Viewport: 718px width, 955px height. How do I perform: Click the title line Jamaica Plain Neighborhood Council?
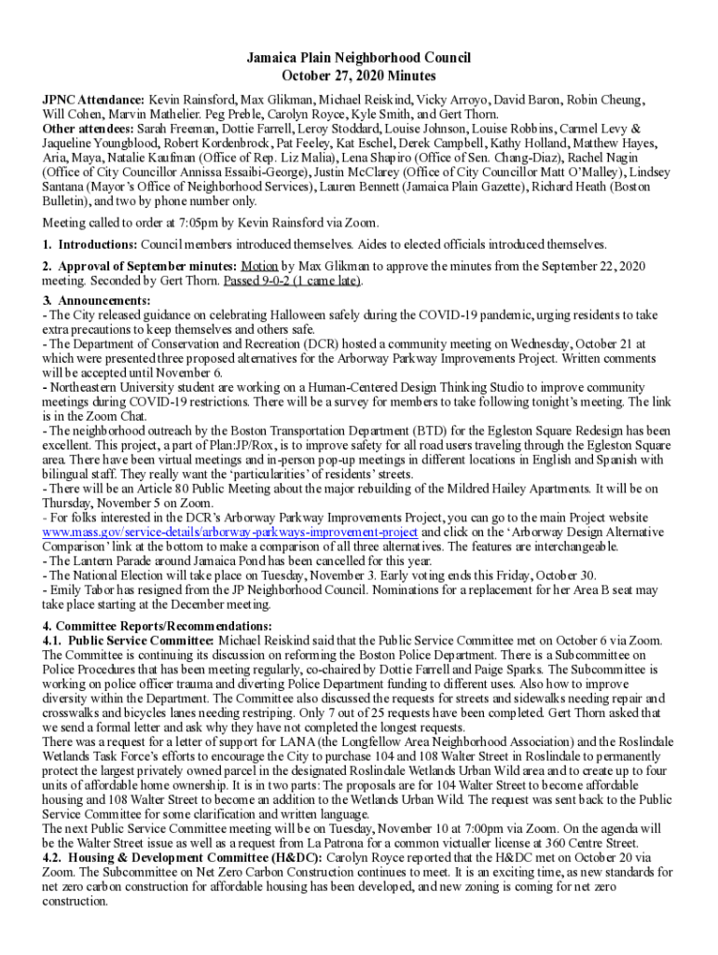pos(359,58)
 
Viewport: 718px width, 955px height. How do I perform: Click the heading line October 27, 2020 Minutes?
pos(359,76)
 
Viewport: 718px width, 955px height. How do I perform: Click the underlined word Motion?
pos(259,266)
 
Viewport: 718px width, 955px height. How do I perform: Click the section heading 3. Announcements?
pos(97,300)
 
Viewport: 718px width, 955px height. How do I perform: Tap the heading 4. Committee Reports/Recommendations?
pos(158,625)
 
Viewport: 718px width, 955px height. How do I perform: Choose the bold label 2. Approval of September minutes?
pos(140,266)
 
